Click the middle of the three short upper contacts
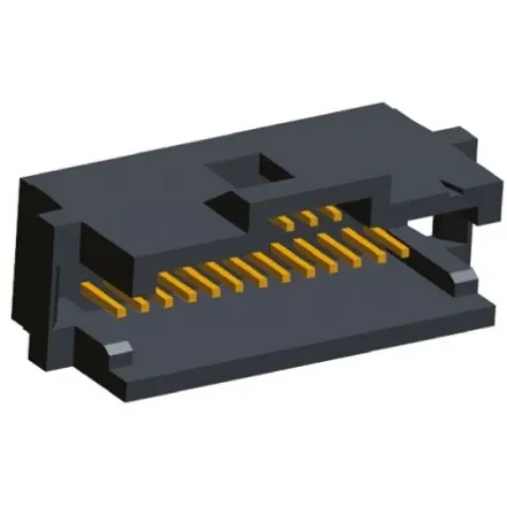[x=309, y=216]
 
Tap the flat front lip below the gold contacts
[x=298, y=318]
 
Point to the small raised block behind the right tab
[x=467, y=139]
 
